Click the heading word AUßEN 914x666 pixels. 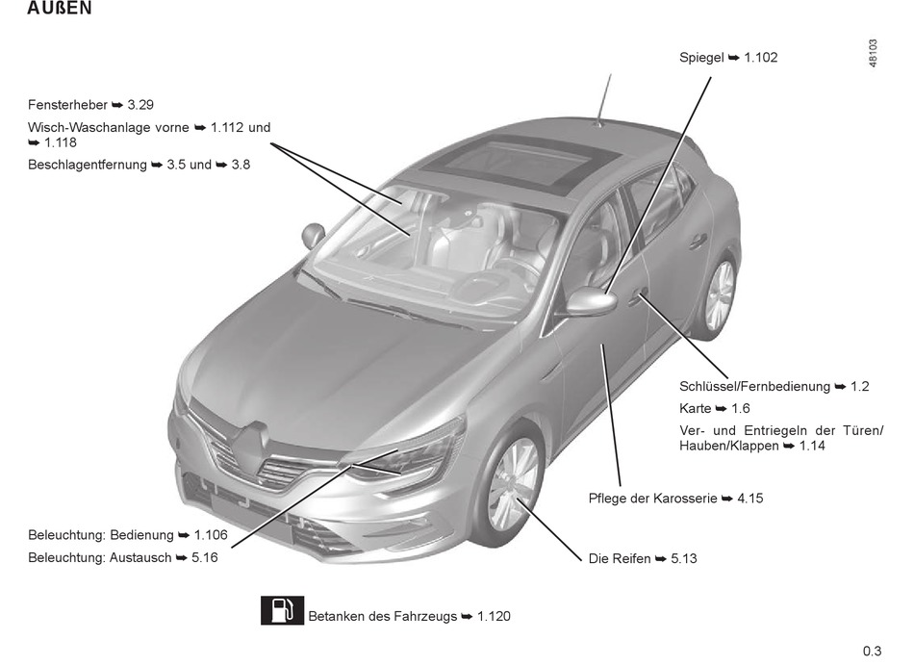(x=61, y=10)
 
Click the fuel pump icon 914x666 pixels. (x=282, y=611)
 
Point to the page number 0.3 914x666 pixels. (x=872, y=651)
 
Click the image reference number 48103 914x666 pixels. (x=873, y=52)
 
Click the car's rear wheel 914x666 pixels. (x=718, y=295)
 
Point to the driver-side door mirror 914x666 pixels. (x=590, y=302)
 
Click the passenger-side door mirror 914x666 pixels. (x=314, y=234)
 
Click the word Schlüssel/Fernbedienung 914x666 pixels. (x=753, y=386)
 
